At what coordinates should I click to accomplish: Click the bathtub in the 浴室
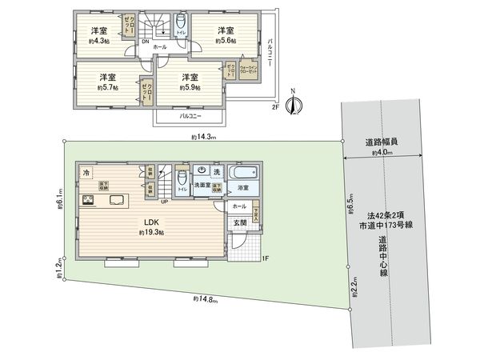click(x=242, y=174)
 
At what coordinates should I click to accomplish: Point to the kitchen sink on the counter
click(x=114, y=200)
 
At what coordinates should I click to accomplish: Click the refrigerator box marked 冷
click(x=86, y=173)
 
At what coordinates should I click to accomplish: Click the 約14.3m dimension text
click(x=206, y=138)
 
